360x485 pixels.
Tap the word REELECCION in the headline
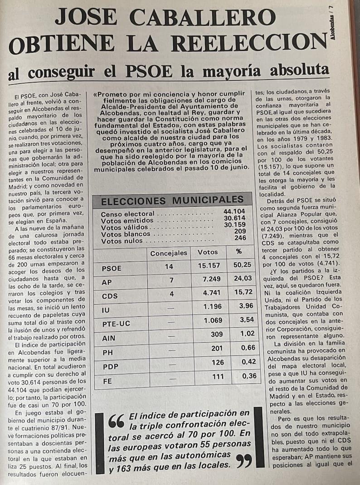click(249, 44)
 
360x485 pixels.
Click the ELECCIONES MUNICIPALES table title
click(172, 201)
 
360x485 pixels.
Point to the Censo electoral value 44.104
click(234, 212)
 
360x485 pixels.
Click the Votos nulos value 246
click(240, 238)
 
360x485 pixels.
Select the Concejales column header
click(169, 253)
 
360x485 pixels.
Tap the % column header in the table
click(238, 252)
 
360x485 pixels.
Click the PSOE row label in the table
click(112, 268)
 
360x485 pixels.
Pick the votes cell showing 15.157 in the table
click(209, 267)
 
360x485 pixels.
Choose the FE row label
click(107, 381)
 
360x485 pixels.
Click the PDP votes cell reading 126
click(218, 362)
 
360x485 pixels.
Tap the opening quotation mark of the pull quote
click(117, 421)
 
